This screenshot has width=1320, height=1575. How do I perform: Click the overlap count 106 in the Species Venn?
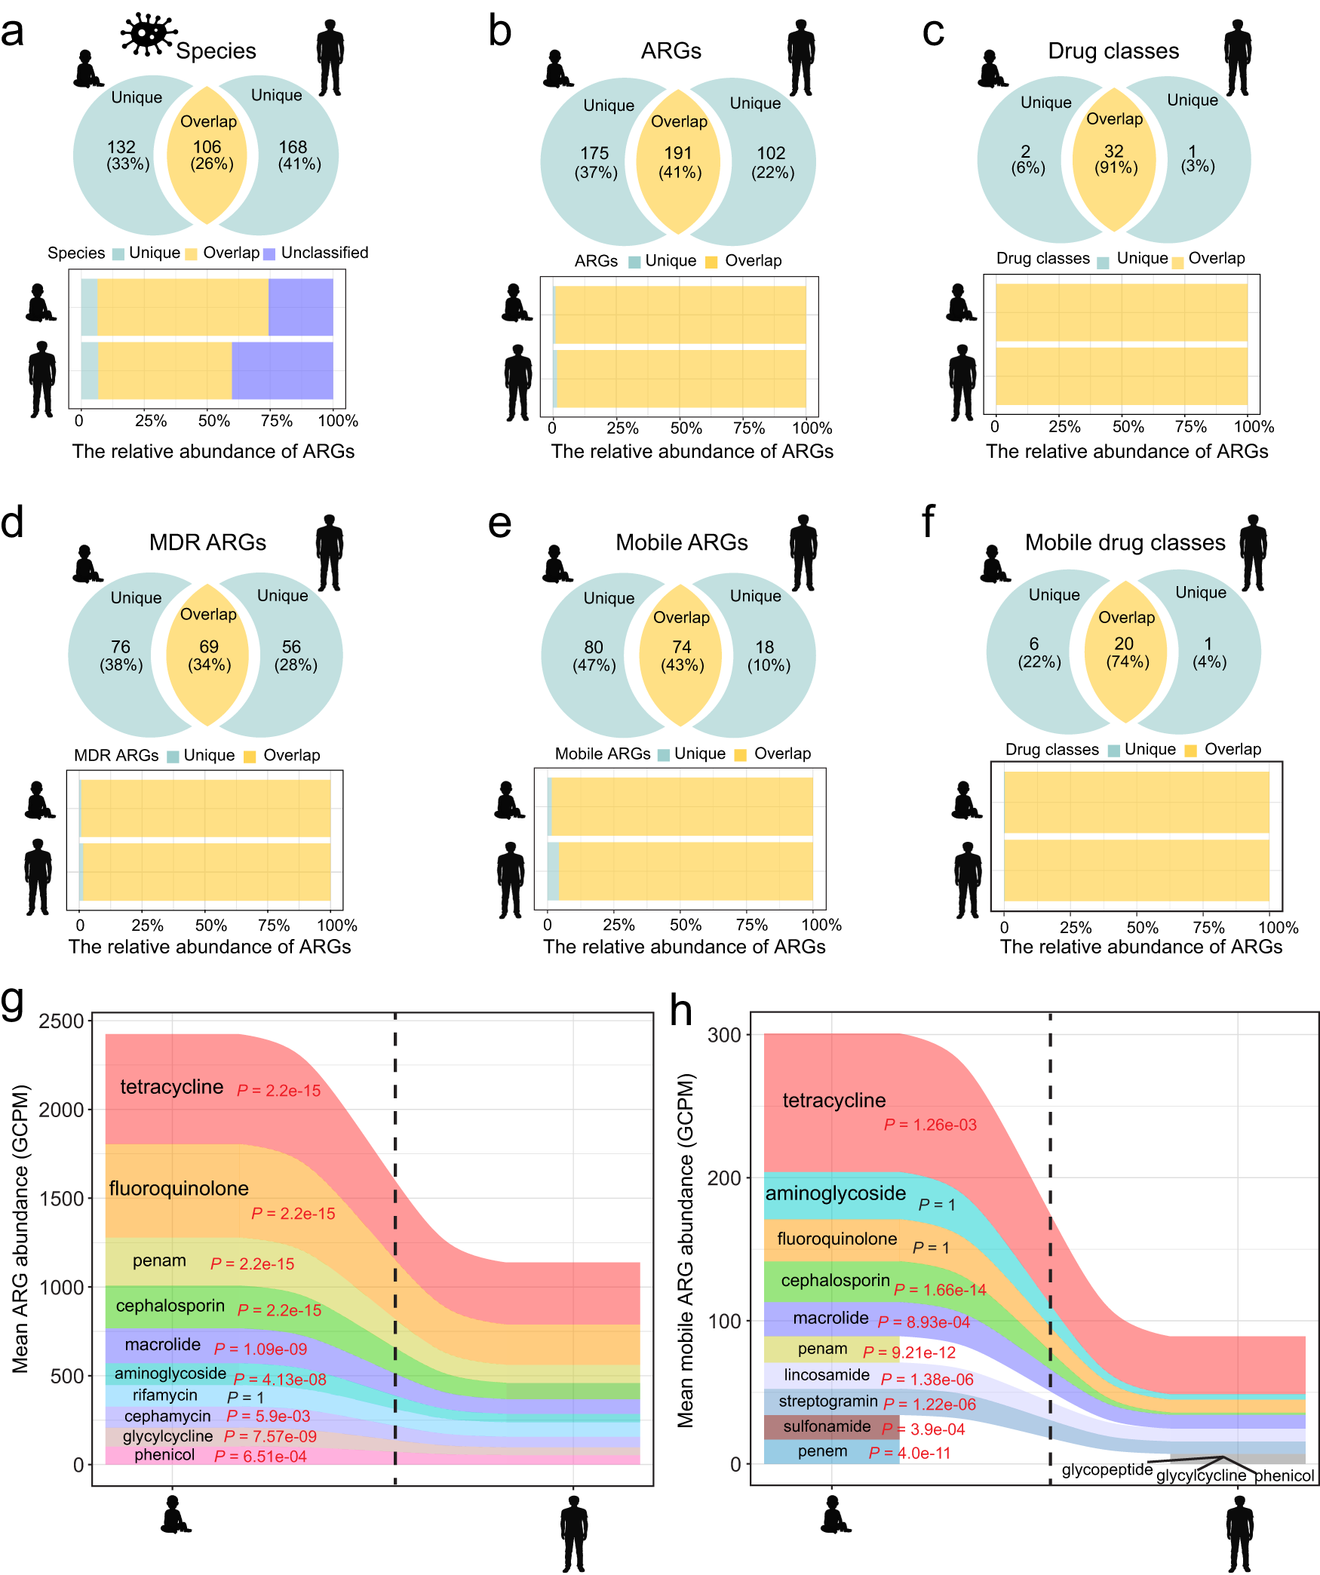pos(207,146)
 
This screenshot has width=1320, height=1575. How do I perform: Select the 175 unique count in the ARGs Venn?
pos(594,153)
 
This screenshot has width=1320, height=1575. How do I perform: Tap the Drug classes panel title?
pos(1113,51)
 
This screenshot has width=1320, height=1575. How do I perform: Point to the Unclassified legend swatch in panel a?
pos(269,253)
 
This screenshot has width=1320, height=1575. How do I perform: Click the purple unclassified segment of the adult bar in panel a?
pos(282,370)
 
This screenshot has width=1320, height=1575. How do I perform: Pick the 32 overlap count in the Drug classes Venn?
pos(1114,151)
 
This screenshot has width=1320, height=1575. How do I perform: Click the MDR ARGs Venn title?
pos(207,542)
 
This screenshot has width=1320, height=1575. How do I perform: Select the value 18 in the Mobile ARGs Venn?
pos(765,647)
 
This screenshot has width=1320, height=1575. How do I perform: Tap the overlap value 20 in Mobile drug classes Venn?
pos(1124,643)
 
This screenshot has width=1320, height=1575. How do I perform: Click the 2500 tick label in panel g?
pos(61,1021)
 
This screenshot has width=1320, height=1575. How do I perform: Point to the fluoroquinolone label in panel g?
pos(179,1188)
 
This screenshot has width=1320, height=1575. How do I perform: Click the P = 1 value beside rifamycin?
pos(245,1397)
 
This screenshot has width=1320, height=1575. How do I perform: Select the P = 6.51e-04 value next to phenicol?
pos(260,1457)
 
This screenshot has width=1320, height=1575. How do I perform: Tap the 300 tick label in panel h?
pos(724,1035)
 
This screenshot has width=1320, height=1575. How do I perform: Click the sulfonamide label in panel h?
pos(827,1426)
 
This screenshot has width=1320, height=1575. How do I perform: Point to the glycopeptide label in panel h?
pos(1107,1469)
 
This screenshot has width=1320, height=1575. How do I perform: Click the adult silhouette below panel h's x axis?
pos(1239,1535)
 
